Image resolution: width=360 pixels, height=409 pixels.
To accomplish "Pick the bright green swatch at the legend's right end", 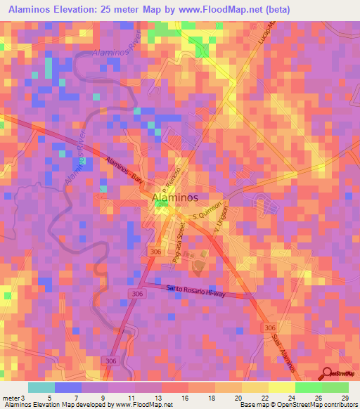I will [x=335, y=387].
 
